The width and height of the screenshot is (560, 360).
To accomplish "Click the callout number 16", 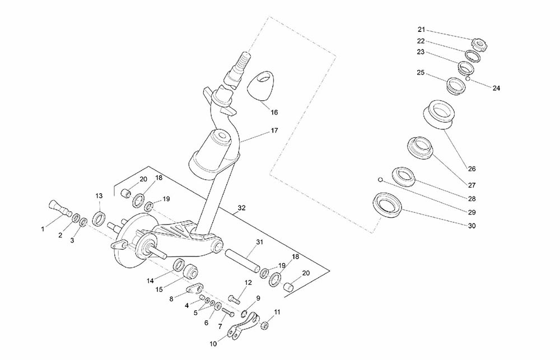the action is click(274, 113).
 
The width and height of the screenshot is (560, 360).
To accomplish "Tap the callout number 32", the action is click(242, 208).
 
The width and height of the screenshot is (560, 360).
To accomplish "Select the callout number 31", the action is click(259, 242).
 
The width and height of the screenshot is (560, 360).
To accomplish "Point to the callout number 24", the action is click(496, 88).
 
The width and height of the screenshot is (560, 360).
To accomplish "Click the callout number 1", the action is click(43, 229).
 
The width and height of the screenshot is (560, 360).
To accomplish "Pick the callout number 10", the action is click(213, 344).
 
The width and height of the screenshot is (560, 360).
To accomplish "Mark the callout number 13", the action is click(99, 196).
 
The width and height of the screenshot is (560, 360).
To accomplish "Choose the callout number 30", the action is click(472, 226).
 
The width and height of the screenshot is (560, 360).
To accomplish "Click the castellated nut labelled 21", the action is click(479, 45).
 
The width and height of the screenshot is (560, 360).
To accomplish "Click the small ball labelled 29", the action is click(381, 179).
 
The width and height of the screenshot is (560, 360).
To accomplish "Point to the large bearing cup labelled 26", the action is click(438, 114).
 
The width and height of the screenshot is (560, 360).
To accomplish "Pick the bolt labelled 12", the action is click(234, 299).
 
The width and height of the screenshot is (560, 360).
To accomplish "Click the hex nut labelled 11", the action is click(264, 325).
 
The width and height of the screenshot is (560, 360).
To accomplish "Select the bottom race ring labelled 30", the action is click(388, 205).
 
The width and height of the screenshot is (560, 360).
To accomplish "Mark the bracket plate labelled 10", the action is click(243, 326).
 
